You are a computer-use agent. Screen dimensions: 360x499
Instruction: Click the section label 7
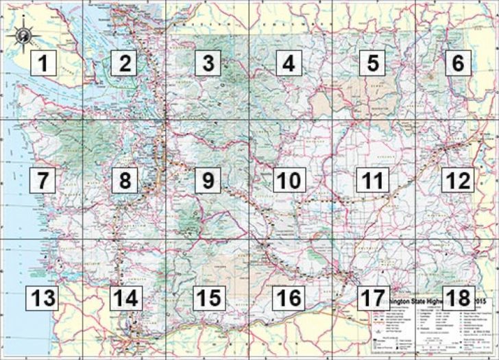pyautogui.click(x=42, y=181)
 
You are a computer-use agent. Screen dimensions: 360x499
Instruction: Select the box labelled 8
pyautogui.click(x=125, y=181)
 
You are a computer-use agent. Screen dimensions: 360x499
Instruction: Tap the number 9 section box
pyautogui.click(x=207, y=181)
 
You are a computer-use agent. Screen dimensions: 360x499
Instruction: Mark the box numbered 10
pyautogui.click(x=289, y=181)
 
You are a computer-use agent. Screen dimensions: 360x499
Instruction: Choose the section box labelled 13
pyautogui.click(x=42, y=298)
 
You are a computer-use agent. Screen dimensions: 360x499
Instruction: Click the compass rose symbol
pyautogui.click(x=23, y=34)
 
